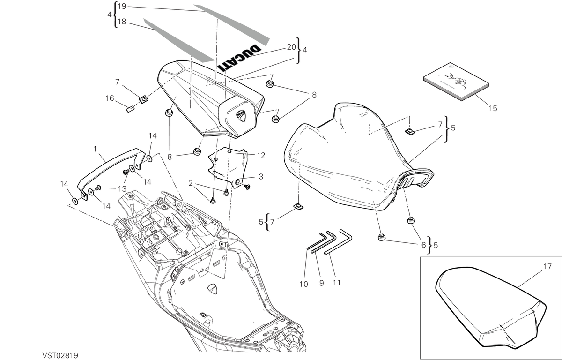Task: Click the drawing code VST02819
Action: point(60,355)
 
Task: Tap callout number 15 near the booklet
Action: point(493,108)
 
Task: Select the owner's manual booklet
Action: point(456,82)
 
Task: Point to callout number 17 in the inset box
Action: point(547,266)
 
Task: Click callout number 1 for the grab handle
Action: point(95,149)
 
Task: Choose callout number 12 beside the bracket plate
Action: point(261,156)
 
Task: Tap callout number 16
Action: point(110,98)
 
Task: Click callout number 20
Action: point(291,47)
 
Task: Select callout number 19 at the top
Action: point(122,6)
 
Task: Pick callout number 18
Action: point(122,22)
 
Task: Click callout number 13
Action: point(122,189)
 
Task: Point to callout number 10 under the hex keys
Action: point(303,284)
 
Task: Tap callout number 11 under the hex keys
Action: point(336,283)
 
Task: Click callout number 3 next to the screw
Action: point(261,177)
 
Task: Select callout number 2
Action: point(191,183)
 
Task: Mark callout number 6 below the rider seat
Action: point(423,245)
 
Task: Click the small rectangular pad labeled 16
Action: point(130,110)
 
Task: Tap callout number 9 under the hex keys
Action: point(321,283)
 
